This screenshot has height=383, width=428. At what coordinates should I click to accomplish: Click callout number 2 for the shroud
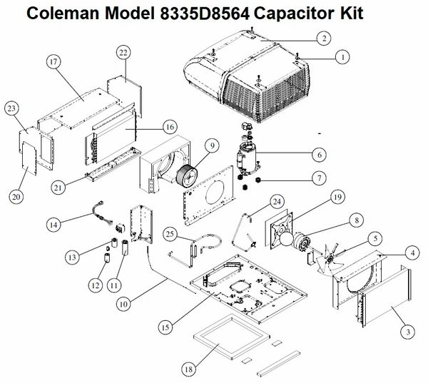tap(324, 39)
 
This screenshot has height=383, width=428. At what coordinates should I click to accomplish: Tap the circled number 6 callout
tap(320, 155)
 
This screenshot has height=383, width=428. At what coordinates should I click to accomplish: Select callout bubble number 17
tap(53, 62)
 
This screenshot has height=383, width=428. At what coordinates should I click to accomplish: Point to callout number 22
tap(123, 52)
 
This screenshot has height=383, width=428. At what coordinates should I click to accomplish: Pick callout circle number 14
tap(53, 225)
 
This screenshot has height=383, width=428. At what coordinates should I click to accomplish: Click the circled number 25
tap(170, 234)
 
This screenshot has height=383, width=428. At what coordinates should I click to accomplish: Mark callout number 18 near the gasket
tap(188, 369)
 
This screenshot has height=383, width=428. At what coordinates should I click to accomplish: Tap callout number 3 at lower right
tap(408, 332)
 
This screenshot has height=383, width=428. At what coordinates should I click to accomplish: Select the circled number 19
tap(337, 197)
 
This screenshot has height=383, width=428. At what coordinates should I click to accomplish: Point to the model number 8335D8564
tap(205, 14)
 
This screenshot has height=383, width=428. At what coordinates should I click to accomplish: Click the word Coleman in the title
tap(63, 14)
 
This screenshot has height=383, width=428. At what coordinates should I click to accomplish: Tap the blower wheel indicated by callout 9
tap(187, 177)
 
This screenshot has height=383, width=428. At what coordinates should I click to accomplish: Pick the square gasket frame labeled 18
tap(232, 337)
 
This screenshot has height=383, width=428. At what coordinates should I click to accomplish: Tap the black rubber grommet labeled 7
tap(258, 180)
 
